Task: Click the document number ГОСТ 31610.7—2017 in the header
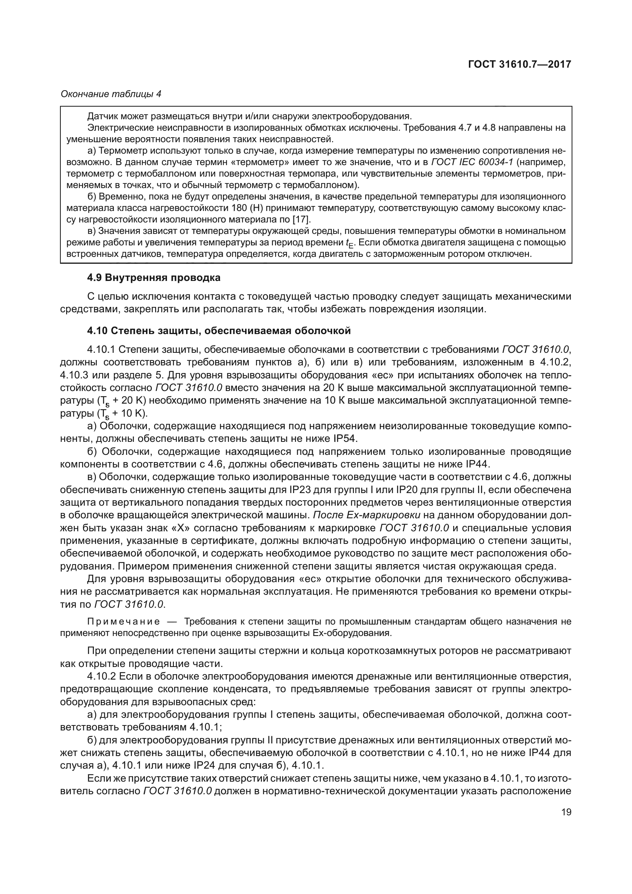pos(520,64)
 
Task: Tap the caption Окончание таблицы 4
pos(111,94)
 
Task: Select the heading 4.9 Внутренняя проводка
pos(154,277)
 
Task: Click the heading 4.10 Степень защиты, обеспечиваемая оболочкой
pos(219,331)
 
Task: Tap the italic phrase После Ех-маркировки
pos(366,515)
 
